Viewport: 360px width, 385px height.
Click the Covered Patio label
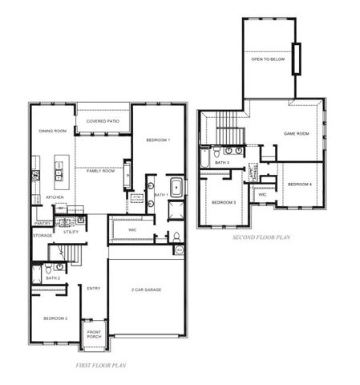click(x=103, y=120)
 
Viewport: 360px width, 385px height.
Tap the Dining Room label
click(x=53, y=131)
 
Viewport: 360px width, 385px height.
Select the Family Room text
click(x=101, y=171)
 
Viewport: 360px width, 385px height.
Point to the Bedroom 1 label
click(x=158, y=140)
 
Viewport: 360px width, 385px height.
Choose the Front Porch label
click(x=95, y=334)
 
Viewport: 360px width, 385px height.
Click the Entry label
click(x=94, y=289)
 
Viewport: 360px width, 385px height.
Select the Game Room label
click(x=297, y=134)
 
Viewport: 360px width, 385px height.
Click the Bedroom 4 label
click(x=300, y=184)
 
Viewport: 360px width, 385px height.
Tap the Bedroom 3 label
click(x=224, y=202)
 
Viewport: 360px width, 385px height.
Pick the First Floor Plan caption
click(x=102, y=365)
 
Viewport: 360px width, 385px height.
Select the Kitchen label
click(x=55, y=197)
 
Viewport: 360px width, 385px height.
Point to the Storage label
click(x=42, y=235)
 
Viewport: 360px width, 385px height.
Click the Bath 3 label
click(x=222, y=163)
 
